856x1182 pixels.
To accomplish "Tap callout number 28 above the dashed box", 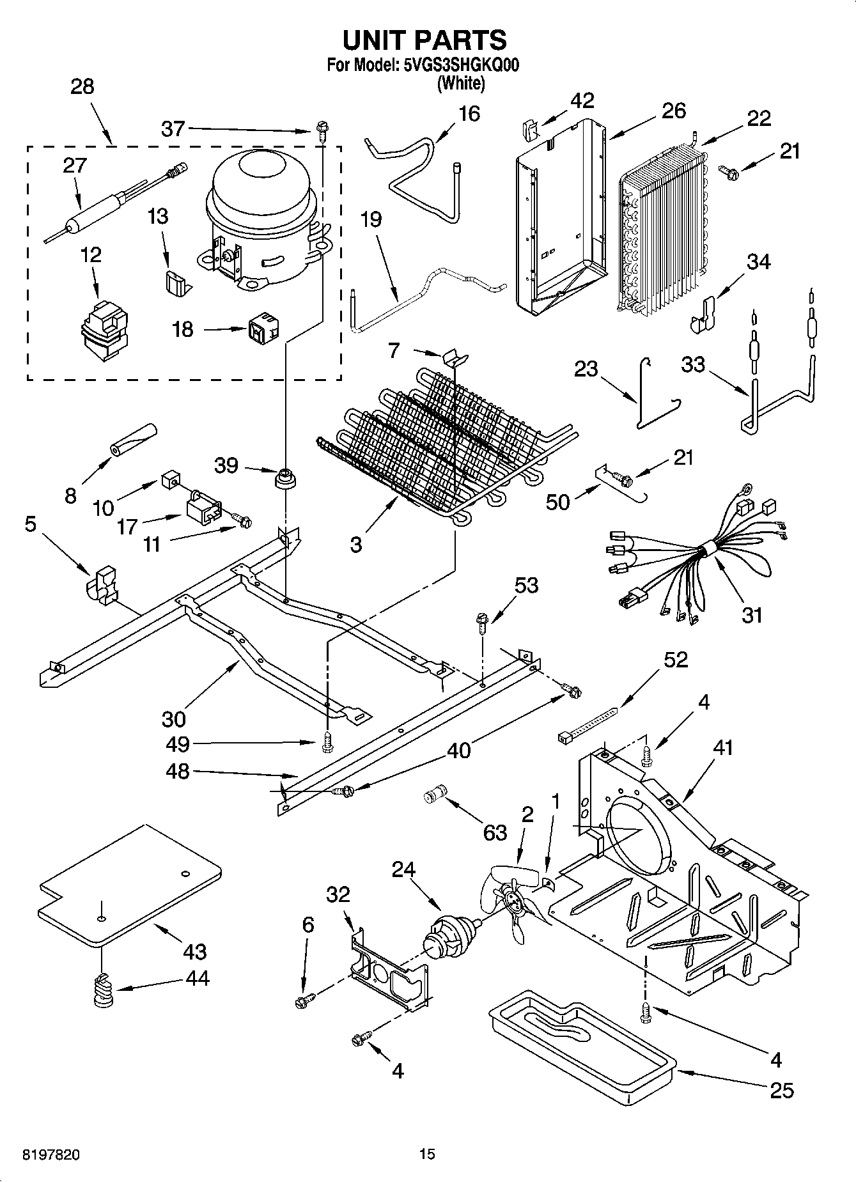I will coord(82,86).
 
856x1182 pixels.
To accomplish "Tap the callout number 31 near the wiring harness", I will coord(752,615).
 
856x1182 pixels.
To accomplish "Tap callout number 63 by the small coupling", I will coord(495,832).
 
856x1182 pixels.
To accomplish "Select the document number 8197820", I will coord(51,1155).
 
